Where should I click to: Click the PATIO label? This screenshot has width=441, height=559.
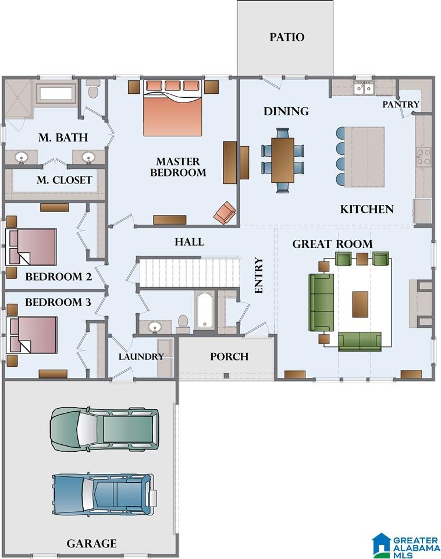coord(287,37)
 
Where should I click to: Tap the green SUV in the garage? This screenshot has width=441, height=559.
coord(105,429)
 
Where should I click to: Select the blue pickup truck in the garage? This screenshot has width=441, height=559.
coord(104,494)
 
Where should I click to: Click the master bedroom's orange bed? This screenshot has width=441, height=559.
coord(173,108)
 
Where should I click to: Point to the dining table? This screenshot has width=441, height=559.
coord(283,161)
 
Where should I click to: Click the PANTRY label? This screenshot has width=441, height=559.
coord(401,104)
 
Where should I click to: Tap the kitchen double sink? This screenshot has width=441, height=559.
coord(364,88)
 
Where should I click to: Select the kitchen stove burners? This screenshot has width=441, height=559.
coord(424,157)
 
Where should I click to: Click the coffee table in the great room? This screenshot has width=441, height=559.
coord(360,304)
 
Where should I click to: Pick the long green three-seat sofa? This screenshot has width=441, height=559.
coord(321,303)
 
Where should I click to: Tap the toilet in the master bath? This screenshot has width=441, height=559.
coord(93,89)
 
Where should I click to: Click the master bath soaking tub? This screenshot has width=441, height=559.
coord(56,93)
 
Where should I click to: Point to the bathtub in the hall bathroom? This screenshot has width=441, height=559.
coord(204,310)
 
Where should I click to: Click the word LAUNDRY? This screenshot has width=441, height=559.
coord(141,356)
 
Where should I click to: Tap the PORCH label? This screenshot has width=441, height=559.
coord(229,356)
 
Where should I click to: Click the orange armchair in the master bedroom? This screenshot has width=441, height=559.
coord(225,213)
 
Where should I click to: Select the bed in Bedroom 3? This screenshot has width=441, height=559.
coord(31,335)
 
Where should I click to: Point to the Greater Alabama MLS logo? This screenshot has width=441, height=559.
coord(406,546)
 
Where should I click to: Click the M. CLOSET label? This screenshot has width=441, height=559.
coord(65,181)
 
